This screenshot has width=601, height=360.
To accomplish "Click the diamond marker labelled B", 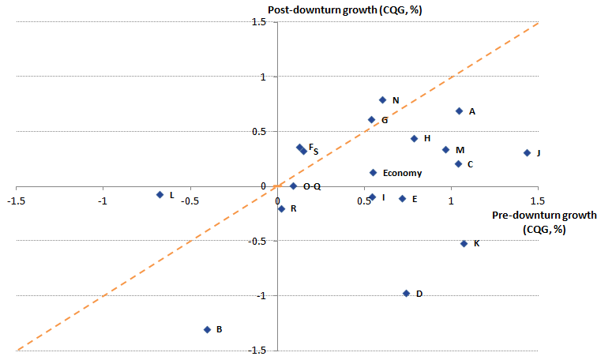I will (x=207, y=329).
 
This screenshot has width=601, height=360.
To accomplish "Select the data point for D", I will (x=406, y=293).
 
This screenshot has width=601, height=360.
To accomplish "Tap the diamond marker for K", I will (x=464, y=243).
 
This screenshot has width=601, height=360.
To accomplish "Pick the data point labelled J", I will (x=527, y=152).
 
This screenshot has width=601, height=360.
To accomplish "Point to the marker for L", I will (x=160, y=194).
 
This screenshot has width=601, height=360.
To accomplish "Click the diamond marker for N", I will (x=382, y=99).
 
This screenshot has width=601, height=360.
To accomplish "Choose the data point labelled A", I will (x=459, y=111).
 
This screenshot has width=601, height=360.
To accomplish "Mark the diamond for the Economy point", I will (x=373, y=172).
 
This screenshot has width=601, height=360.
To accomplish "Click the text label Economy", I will (x=402, y=173).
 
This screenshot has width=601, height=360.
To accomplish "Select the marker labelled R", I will (x=281, y=208).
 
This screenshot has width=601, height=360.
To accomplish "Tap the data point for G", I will (x=371, y=120).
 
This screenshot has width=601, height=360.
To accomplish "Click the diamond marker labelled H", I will (x=414, y=138).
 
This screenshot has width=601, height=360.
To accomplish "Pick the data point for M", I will (x=445, y=149).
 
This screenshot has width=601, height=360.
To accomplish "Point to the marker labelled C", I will (x=458, y=163).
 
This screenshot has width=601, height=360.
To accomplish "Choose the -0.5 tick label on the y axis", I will (x=256, y=241).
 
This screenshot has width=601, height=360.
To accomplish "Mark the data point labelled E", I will (x=402, y=198).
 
